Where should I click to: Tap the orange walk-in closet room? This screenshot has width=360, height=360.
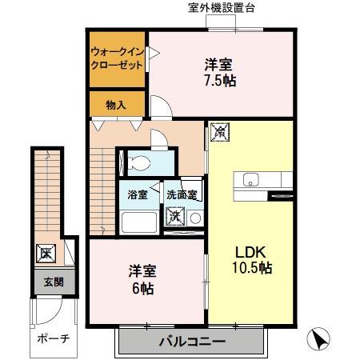coord(117,59)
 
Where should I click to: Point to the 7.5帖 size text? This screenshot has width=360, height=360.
coord(219,80)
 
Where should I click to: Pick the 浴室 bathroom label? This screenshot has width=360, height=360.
coord(138,194)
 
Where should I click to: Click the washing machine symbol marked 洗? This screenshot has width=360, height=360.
coord(175,216)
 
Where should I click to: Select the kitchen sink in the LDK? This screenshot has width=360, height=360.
coord(249,179)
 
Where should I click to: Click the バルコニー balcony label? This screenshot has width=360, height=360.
coord(190,342)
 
